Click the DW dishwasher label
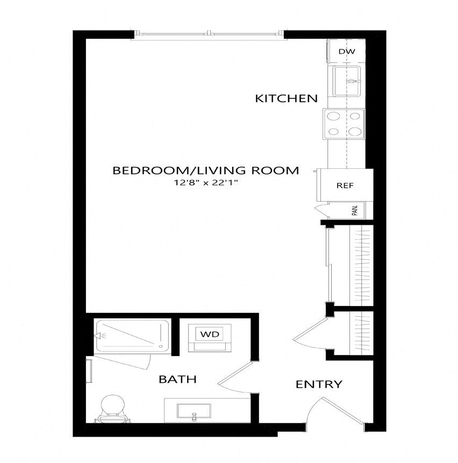347,52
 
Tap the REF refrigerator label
345,186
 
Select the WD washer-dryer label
210,334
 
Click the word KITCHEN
286,98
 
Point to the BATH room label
177,379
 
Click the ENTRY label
319,384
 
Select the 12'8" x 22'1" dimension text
206,183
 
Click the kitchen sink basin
347,81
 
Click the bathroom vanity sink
194,411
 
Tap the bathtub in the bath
132,336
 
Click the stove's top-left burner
334,116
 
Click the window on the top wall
209,33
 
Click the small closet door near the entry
311,333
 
